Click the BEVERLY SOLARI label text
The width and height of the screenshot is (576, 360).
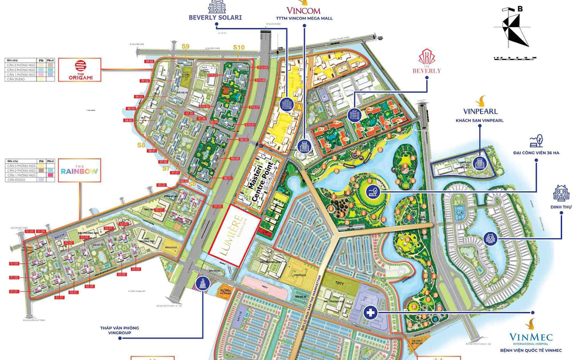pos(215,18)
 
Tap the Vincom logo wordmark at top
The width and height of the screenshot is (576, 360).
pos(303,10)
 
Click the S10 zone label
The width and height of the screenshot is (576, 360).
pos(239,48)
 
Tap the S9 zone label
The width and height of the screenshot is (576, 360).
pos(186,46)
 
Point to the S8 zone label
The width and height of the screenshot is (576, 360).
pos(141,145)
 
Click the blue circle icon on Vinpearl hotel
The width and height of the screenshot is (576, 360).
pos(480,162)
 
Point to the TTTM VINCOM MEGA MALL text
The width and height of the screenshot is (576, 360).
pos(303,19)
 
